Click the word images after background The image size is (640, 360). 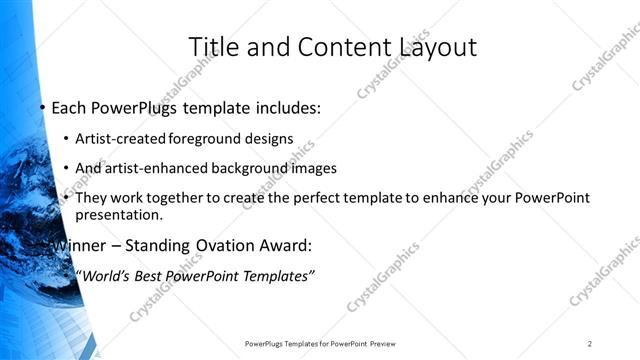[x=311, y=168]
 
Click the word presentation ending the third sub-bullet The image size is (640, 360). [x=118, y=215]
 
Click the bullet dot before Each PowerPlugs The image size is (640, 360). [x=42, y=108]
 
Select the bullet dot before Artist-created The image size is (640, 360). [x=66, y=138]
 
